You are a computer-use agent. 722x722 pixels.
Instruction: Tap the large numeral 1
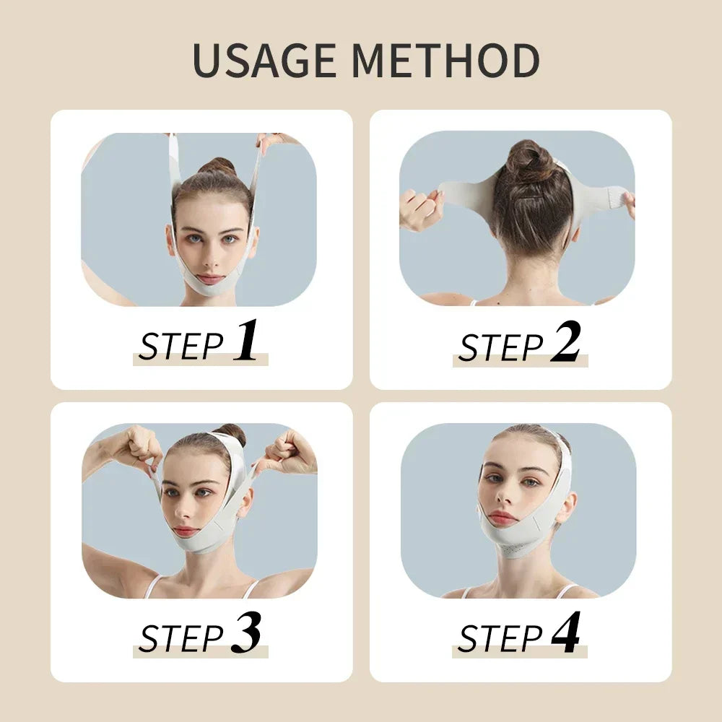[x=245, y=341]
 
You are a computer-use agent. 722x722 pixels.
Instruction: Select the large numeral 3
[x=245, y=633]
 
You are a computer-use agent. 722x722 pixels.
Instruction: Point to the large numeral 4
[x=565, y=633]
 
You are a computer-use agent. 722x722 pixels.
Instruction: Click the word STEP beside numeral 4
[x=500, y=639]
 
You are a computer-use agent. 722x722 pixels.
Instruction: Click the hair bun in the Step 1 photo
[x=217, y=168]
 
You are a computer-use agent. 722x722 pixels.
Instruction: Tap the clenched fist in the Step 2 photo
[x=421, y=209]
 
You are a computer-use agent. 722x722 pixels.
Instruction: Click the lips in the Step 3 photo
[x=186, y=531]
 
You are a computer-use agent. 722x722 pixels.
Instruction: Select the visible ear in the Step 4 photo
[x=567, y=508]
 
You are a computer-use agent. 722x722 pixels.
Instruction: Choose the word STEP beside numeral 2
[x=500, y=347]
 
